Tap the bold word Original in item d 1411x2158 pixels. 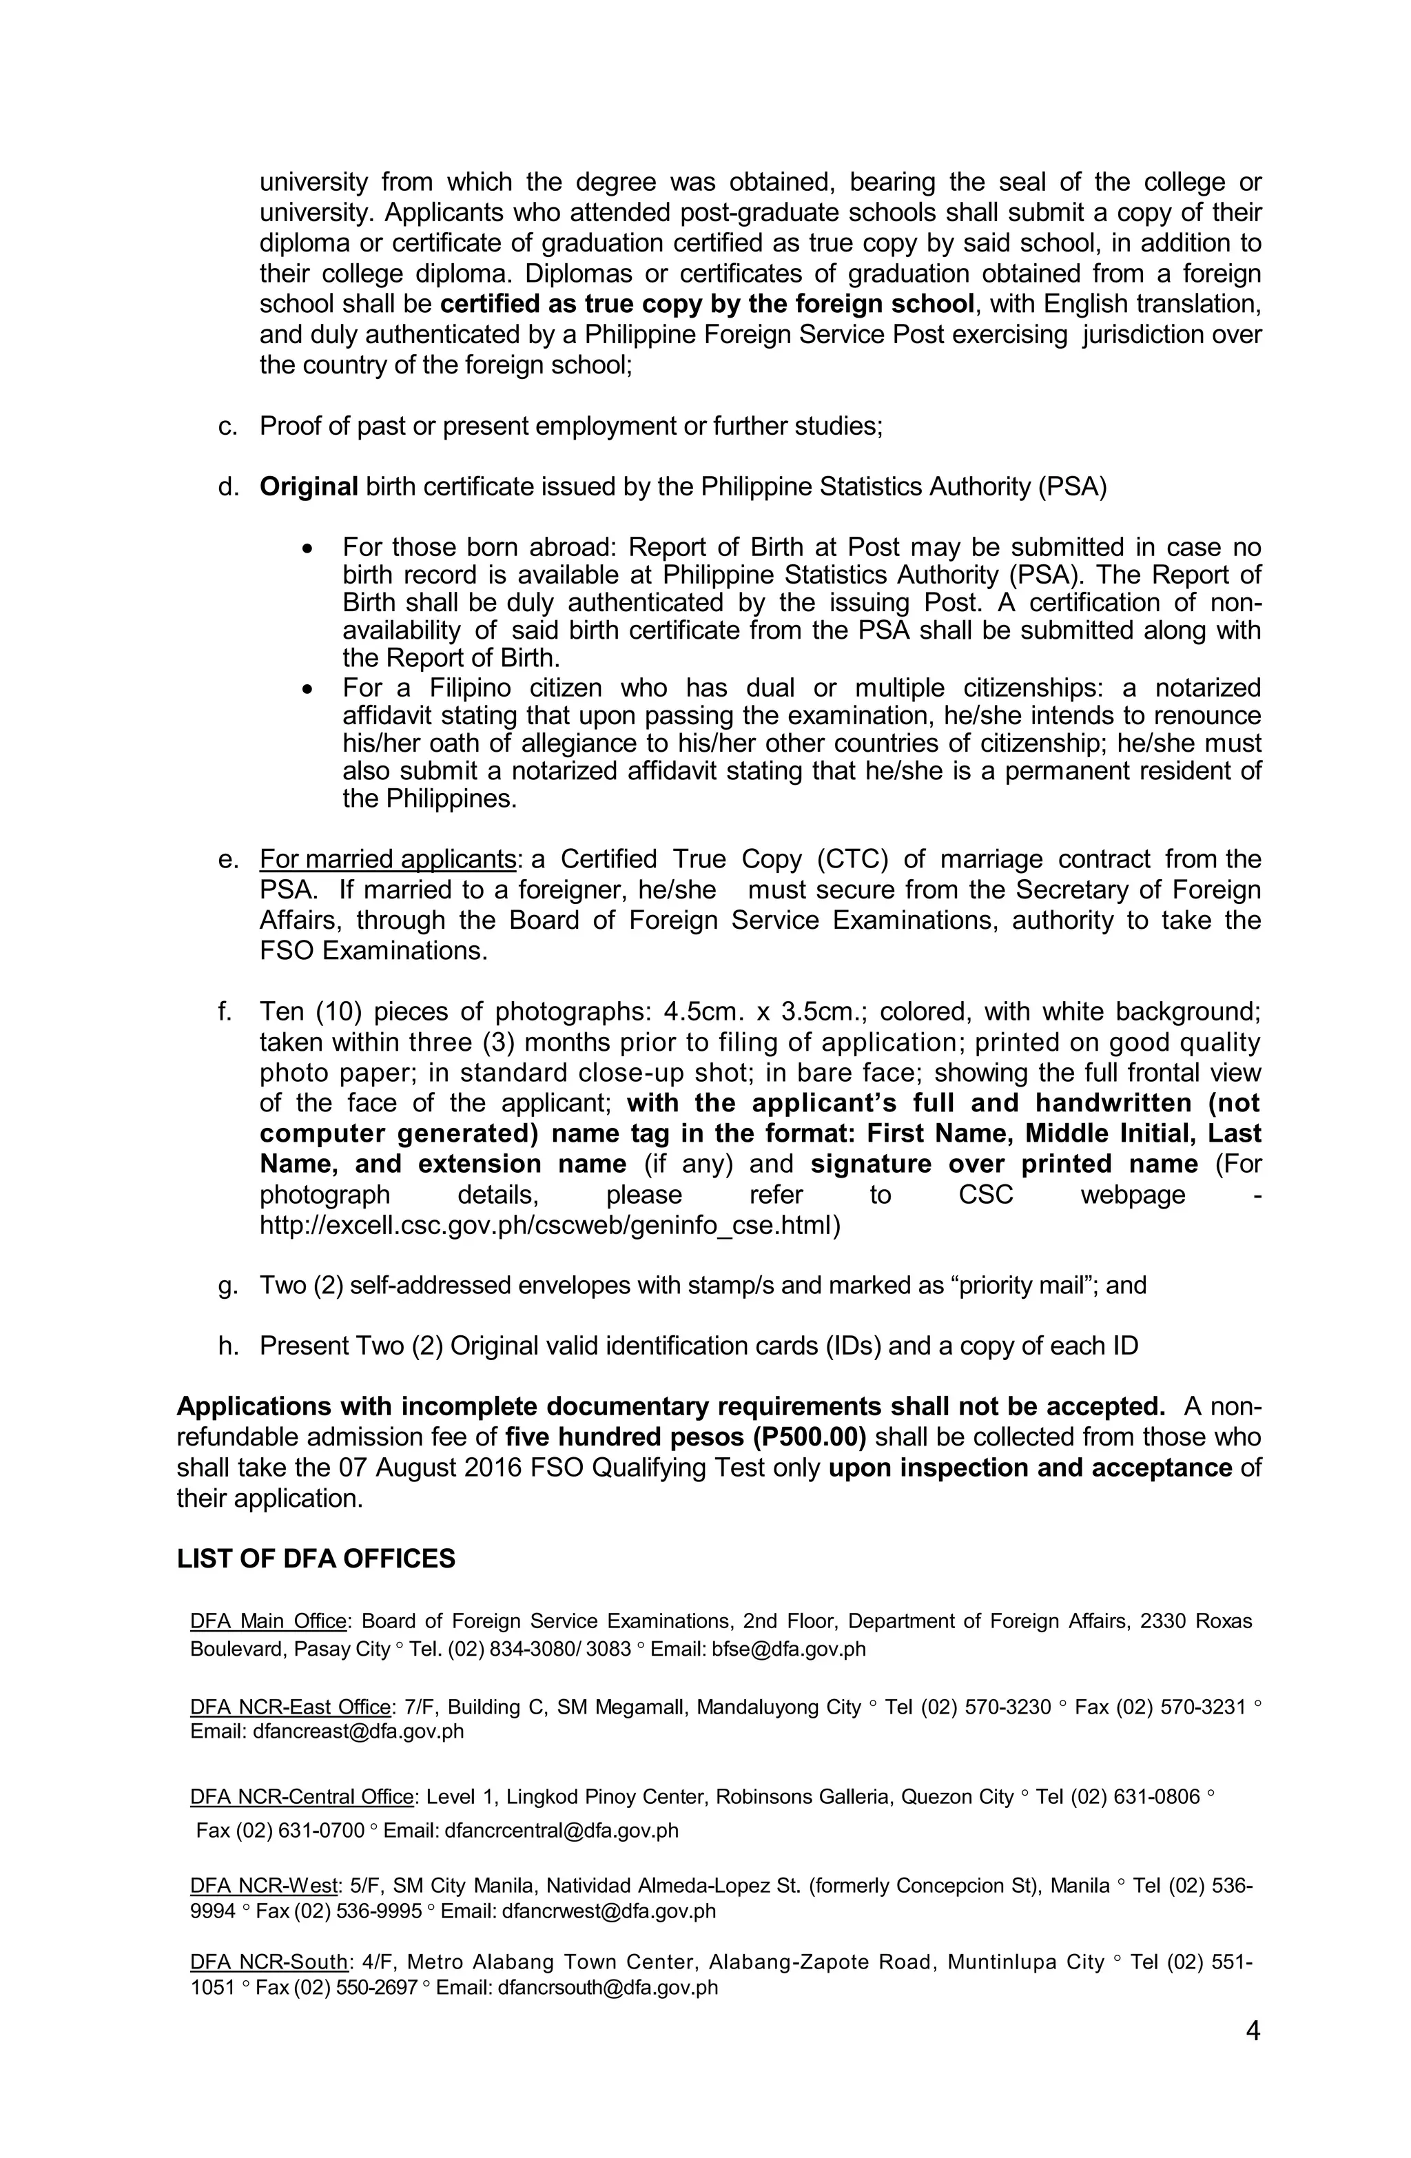click(309, 487)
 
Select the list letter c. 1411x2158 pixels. click(227, 427)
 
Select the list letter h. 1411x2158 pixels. click(227, 1346)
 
